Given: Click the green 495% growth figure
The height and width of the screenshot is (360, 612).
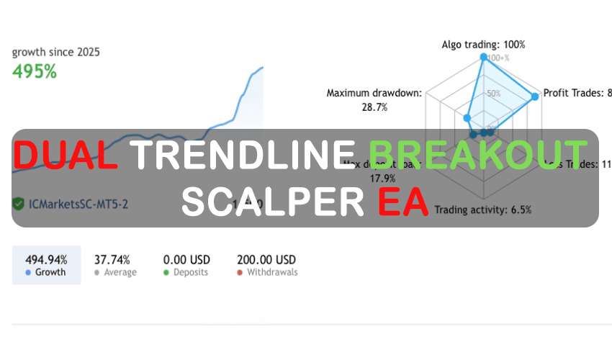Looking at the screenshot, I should (35, 71).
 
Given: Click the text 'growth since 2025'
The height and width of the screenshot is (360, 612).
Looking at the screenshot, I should (55, 52).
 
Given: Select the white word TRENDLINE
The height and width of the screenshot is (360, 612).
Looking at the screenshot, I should (243, 156).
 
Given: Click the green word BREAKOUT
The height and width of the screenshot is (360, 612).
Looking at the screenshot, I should (478, 156).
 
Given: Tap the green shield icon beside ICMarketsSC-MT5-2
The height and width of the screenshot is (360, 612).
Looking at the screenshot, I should (18, 204).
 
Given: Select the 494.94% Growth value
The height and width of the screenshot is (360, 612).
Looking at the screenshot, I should (46, 260).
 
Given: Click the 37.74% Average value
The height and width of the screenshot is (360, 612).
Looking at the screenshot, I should (112, 260).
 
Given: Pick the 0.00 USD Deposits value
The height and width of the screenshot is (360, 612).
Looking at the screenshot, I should (186, 260).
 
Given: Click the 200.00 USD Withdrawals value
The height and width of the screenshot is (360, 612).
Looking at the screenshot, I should (266, 260).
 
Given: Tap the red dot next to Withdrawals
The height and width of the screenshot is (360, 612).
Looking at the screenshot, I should (240, 273).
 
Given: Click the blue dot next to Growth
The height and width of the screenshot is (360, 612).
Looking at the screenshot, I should (28, 273).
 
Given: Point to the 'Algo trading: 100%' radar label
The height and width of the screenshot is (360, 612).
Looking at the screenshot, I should (483, 45).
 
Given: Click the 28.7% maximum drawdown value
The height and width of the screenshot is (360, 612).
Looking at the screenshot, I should (374, 107).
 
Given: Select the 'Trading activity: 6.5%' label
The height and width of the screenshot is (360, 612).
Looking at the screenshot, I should (483, 210).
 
